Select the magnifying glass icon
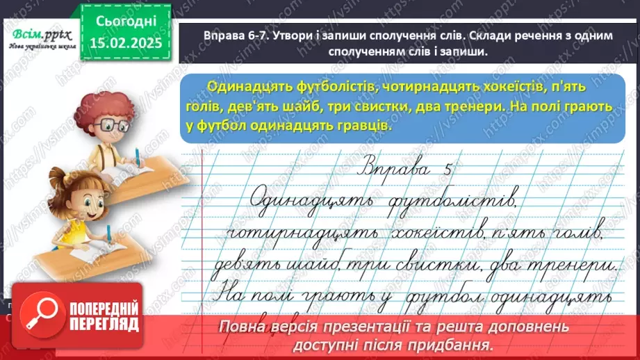point(40,316)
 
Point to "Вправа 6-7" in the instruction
point(229,36)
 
